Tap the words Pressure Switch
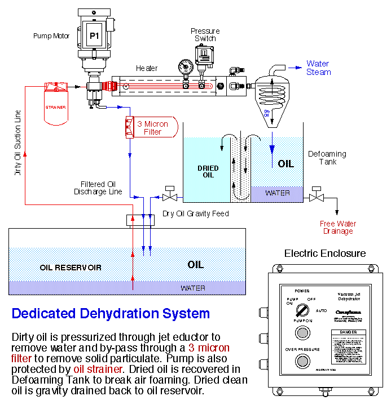coord(205,35)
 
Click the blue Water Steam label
coord(318,68)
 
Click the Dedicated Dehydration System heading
coord(111,314)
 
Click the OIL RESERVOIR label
coord(71,267)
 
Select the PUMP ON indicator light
coord(302,332)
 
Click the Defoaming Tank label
coord(327,158)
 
